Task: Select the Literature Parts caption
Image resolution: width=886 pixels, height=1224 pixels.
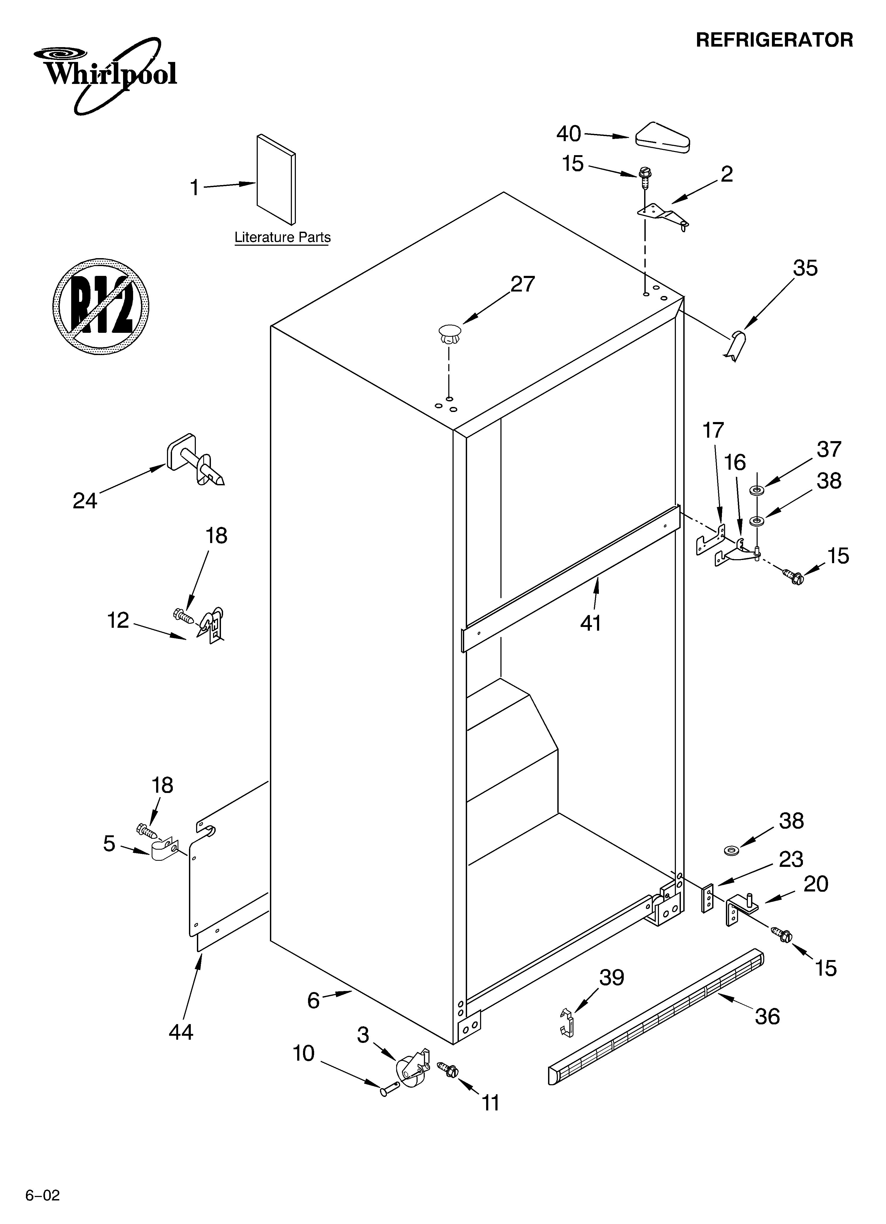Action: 282,237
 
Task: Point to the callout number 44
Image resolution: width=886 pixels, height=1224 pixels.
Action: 181,1032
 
